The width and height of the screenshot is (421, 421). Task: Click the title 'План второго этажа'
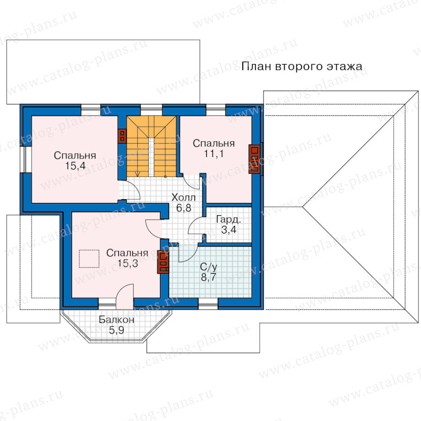(302, 66)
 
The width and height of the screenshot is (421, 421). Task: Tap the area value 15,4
(75, 166)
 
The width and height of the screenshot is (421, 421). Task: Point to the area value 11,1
(214, 154)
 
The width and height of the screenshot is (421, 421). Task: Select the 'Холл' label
(184, 197)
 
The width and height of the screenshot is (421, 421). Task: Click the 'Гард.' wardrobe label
(228, 219)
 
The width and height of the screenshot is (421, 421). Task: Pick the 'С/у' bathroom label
(209, 267)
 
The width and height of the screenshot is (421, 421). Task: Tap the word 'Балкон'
(116, 319)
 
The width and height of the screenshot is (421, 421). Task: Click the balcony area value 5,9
(116, 330)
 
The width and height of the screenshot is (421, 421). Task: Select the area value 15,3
(128, 263)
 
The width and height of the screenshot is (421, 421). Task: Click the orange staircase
(152, 146)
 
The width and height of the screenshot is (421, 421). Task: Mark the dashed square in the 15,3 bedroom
(89, 259)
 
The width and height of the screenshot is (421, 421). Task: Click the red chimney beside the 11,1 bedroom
(254, 159)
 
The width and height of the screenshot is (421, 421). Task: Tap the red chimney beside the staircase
(122, 136)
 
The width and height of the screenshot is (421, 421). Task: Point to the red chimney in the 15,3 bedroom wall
(163, 262)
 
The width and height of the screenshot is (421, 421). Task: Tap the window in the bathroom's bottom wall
(208, 304)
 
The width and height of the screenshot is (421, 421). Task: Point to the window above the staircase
(152, 110)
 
